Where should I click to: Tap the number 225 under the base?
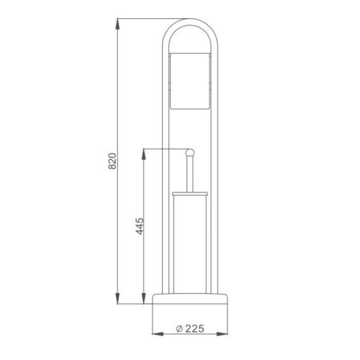[x=192, y=330]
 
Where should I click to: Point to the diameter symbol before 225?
[x=178, y=330]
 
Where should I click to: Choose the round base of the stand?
[x=189, y=300]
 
